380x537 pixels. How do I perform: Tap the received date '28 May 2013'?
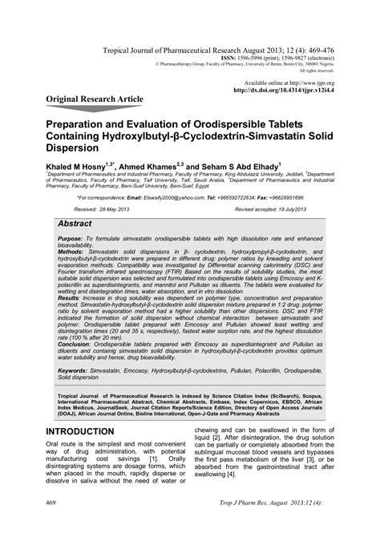pyautogui.click(x=115, y=208)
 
